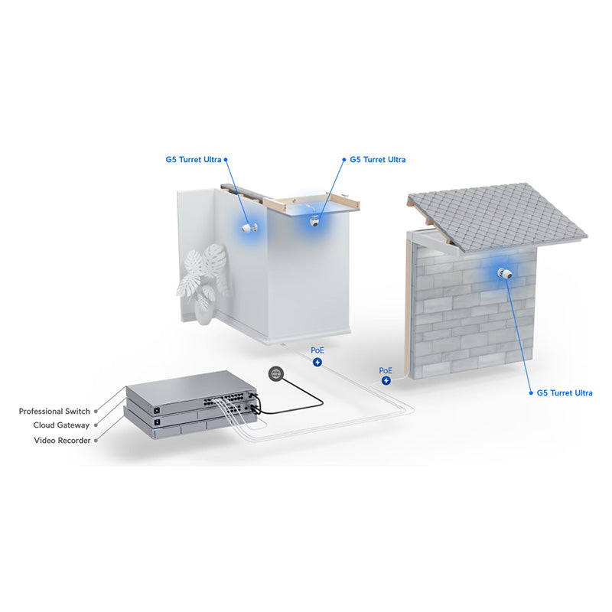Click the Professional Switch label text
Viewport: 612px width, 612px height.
[54, 412]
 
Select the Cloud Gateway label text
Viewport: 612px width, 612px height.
[61, 425]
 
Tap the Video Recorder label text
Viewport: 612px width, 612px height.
[62, 441]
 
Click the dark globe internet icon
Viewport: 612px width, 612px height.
[276, 374]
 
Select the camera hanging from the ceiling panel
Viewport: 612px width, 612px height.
[314, 222]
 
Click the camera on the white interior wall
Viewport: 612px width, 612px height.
[248, 228]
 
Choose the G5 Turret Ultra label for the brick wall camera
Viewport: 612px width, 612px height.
[564, 393]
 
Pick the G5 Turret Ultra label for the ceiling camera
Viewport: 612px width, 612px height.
[378, 160]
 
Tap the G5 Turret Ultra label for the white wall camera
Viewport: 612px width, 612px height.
[193, 160]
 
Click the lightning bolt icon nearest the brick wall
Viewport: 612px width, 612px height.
[386, 380]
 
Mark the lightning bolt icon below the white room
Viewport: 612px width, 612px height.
[317, 361]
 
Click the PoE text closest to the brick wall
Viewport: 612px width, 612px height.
[386, 369]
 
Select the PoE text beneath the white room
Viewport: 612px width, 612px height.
[317, 350]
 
